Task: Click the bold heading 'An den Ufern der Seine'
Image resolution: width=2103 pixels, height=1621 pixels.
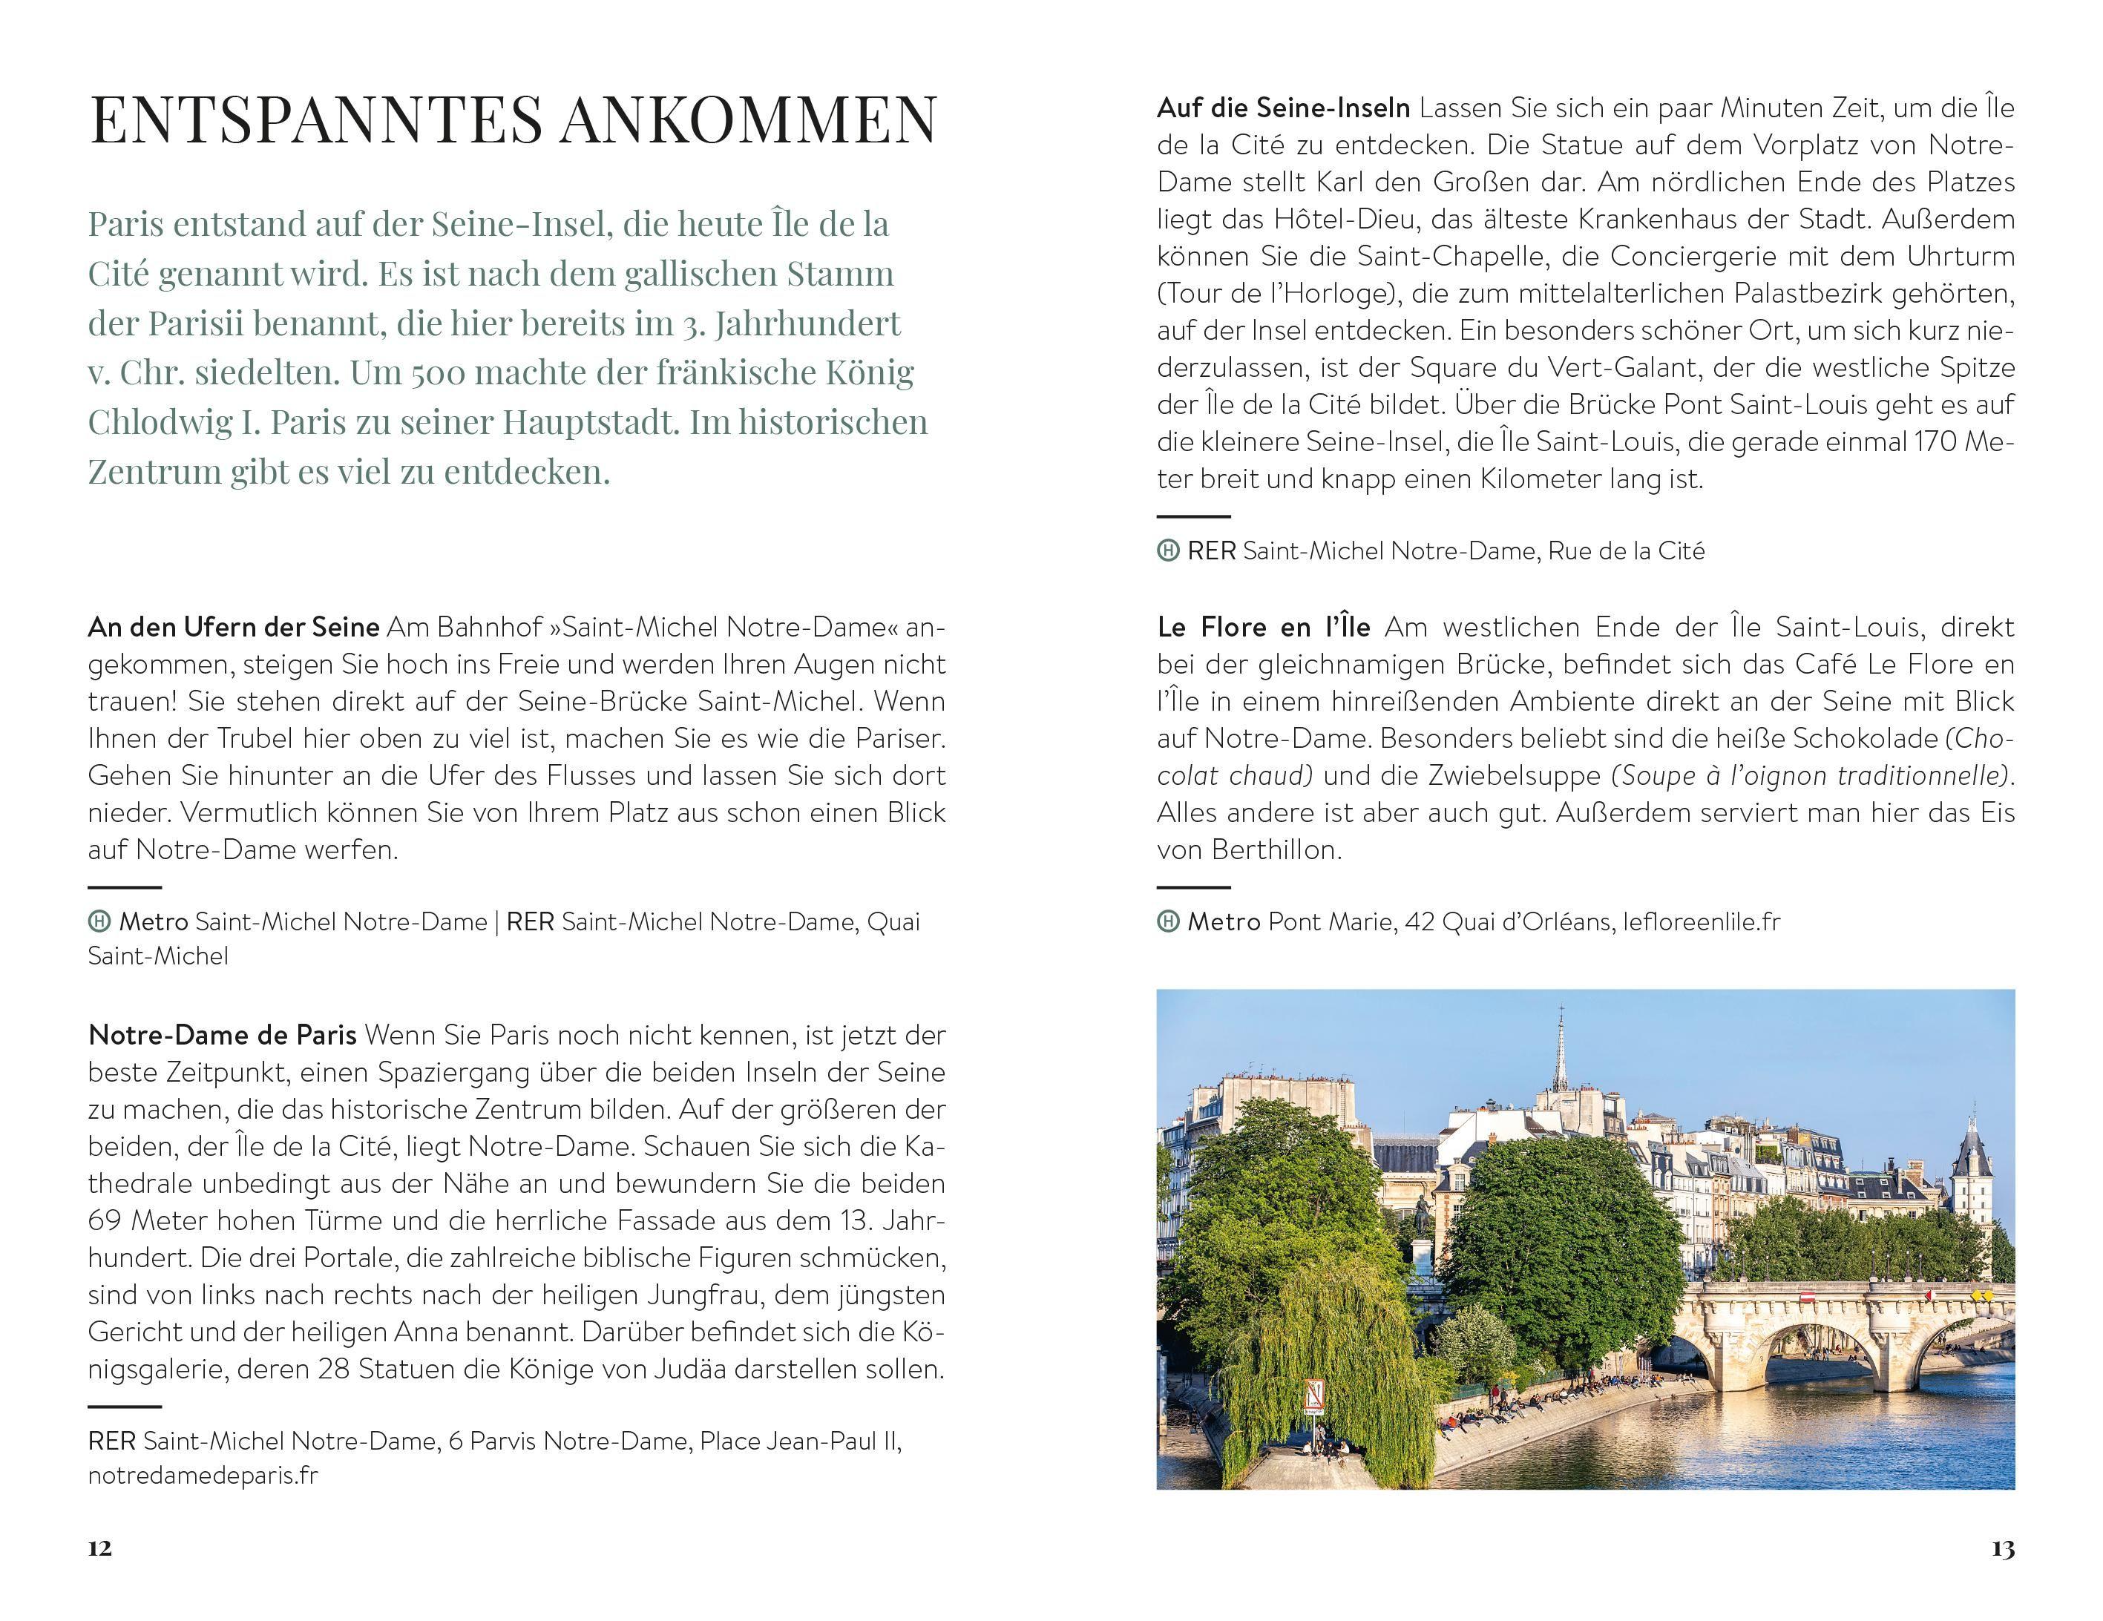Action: point(233,628)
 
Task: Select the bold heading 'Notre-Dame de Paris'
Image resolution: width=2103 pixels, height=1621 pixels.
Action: point(221,1036)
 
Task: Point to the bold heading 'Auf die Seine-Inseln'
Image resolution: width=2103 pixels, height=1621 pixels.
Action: point(1282,108)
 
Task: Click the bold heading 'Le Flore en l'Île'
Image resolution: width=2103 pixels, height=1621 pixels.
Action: point(1262,628)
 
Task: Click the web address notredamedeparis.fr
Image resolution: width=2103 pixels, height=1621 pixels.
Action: point(202,1476)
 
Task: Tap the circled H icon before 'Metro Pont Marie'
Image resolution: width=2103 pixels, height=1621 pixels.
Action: point(1167,922)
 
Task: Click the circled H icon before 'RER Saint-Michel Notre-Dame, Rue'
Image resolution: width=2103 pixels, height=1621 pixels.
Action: point(1167,550)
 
